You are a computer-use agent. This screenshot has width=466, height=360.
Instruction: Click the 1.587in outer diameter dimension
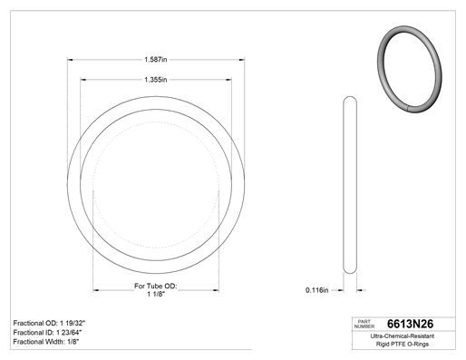[x=156, y=60]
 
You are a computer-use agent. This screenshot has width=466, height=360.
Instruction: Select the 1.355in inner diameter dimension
[x=156, y=80]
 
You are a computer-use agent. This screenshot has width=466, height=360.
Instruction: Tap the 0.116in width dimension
[x=316, y=290]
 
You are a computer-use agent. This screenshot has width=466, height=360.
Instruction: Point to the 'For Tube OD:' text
[x=156, y=286]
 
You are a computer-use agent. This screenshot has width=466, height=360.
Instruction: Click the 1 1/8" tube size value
[x=156, y=294]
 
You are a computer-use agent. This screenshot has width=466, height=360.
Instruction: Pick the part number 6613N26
[x=410, y=324]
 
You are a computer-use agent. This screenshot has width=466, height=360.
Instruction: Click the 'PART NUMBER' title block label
[x=364, y=324]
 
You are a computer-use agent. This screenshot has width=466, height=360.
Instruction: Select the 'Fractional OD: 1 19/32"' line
[x=49, y=323]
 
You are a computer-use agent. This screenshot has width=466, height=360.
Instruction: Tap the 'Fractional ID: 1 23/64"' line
[x=47, y=333]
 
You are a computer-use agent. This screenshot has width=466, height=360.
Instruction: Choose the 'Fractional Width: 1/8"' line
[x=46, y=342]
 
